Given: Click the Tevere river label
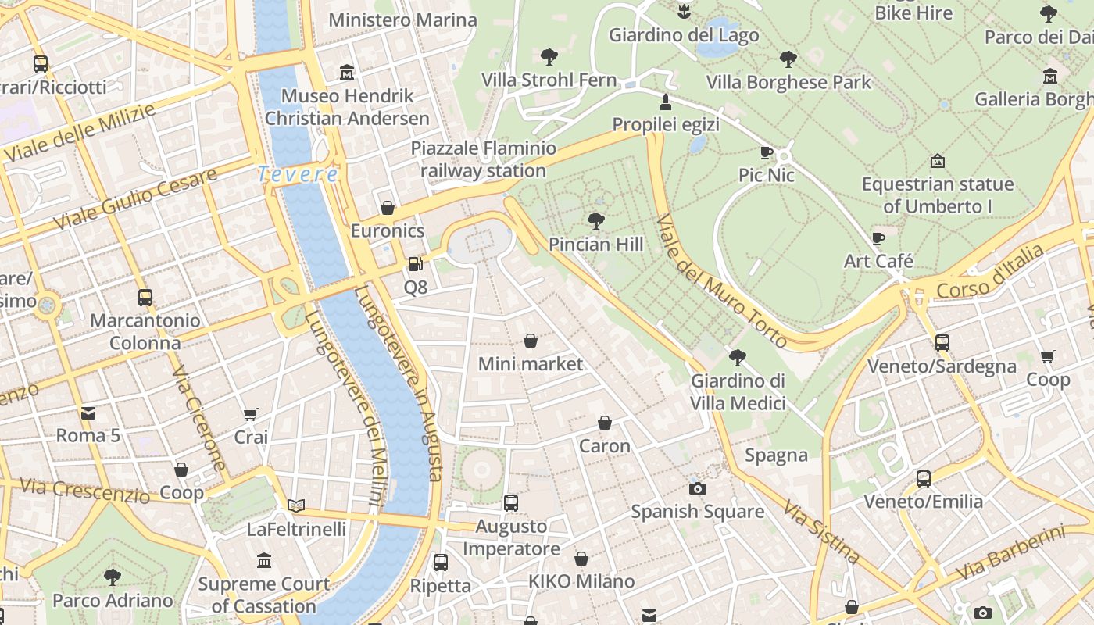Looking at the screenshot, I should (x=298, y=174).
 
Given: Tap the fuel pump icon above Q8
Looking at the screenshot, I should (x=415, y=264).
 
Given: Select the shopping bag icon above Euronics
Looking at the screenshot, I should (x=388, y=208).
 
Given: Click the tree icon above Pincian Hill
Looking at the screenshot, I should (x=596, y=221).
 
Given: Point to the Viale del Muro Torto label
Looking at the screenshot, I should (x=721, y=281).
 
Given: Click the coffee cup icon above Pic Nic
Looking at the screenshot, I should (x=767, y=152).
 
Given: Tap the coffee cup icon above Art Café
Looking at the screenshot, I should (x=878, y=237).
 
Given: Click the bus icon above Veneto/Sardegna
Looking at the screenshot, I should (x=942, y=342).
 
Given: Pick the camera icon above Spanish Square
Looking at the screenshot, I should (x=697, y=488).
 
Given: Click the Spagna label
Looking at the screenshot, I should (x=776, y=455).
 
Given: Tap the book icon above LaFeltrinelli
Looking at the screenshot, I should (x=295, y=505).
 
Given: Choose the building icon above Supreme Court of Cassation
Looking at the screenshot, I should (x=264, y=560).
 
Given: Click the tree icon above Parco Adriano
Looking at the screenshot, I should (x=113, y=577).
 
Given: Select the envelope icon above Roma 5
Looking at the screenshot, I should (x=88, y=412).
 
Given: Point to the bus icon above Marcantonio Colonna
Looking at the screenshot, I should (x=145, y=297).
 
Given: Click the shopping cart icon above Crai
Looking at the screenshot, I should (x=251, y=414).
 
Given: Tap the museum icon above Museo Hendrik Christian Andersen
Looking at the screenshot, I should (x=347, y=73).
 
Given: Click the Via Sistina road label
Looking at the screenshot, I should (x=821, y=533).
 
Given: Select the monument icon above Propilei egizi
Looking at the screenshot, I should (x=666, y=102).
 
